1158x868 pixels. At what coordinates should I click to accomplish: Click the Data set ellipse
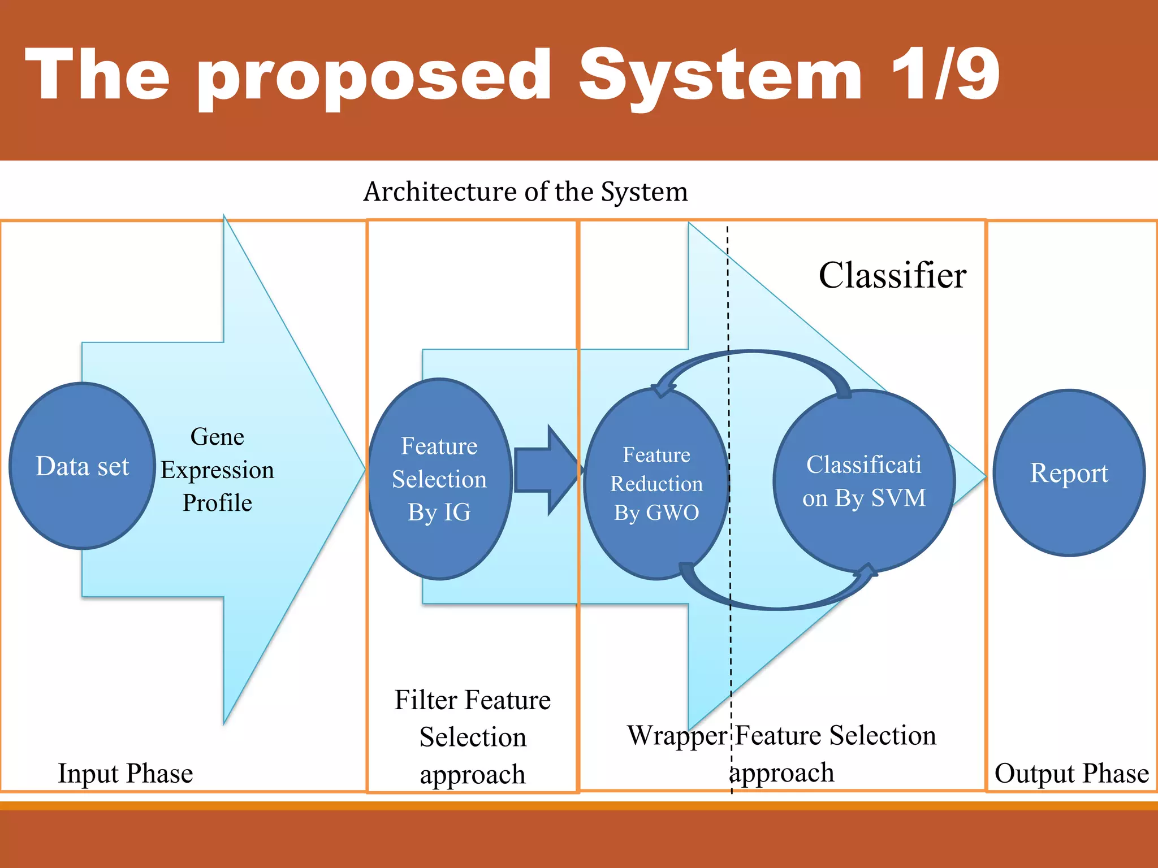tap(83, 466)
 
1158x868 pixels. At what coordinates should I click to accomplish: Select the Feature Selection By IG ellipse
tap(439, 479)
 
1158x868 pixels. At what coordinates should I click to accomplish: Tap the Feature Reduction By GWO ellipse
tap(656, 484)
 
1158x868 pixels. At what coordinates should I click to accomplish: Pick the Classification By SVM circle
tap(864, 481)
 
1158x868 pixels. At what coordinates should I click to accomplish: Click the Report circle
tap(1069, 472)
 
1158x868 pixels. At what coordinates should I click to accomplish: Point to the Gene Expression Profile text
tap(217, 469)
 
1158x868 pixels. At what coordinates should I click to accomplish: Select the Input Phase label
tap(126, 773)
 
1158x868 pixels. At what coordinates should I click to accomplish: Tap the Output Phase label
tap(1071, 773)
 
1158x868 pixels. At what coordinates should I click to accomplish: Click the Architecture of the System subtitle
tap(525, 192)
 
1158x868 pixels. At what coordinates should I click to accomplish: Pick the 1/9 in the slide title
tap(945, 75)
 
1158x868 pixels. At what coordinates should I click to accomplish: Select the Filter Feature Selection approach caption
tap(473, 736)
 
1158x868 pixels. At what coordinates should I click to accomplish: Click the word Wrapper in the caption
tap(677, 736)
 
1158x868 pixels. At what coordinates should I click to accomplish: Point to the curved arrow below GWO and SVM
tap(775, 604)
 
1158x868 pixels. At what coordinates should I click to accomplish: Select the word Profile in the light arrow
tap(217, 502)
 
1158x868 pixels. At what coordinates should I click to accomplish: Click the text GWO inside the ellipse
tap(672, 513)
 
